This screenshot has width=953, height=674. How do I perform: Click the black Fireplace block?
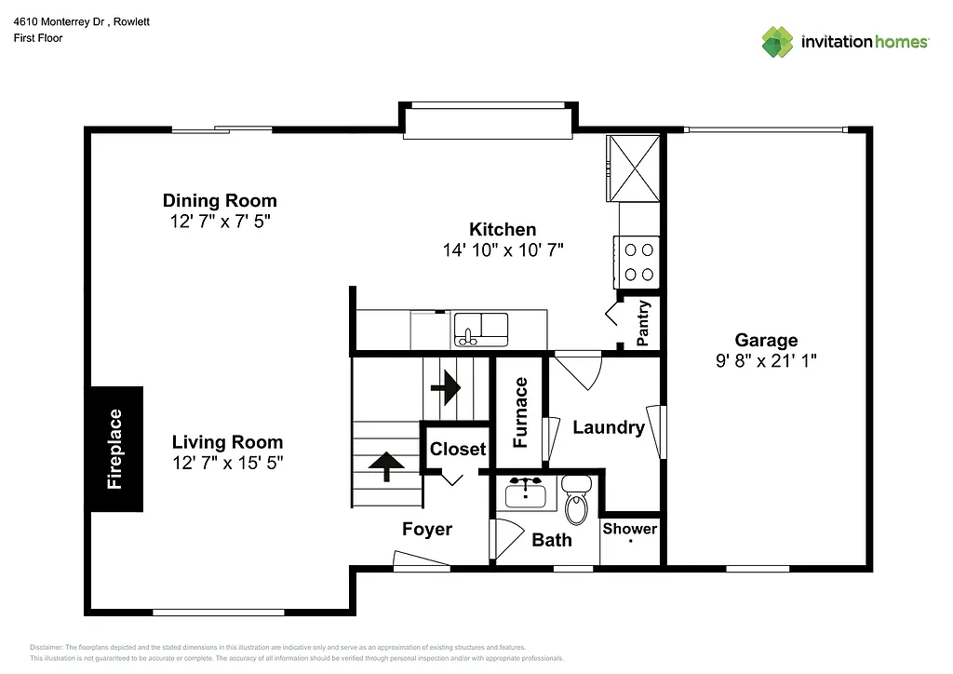tap(116, 449)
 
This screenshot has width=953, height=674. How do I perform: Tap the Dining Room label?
tap(220, 200)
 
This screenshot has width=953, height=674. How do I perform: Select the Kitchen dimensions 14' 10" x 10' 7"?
tap(503, 249)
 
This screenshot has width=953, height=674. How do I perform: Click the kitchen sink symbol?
tap(480, 330)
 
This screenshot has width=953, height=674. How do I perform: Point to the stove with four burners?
tap(638, 262)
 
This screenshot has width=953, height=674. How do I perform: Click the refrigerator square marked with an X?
tap(634, 168)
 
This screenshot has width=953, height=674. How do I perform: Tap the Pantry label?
tap(642, 323)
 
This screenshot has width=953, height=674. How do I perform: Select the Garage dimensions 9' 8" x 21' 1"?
tap(766, 360)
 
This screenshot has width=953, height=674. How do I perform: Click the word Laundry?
tap(608, 427)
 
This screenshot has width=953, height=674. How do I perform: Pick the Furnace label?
tap(521, 412)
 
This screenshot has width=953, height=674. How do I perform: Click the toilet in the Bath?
tap(577, 501)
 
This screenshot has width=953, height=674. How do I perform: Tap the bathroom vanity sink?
tap(526, 492)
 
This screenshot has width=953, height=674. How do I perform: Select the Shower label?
tap(630, 529)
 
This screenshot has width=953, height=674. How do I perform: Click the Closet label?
tap(457, 449)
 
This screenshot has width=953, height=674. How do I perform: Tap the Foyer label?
tap(427, 529)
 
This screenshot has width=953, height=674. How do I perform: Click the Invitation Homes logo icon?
tap(778, 42)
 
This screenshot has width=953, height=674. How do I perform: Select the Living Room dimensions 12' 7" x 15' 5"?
tap(227, 463)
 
